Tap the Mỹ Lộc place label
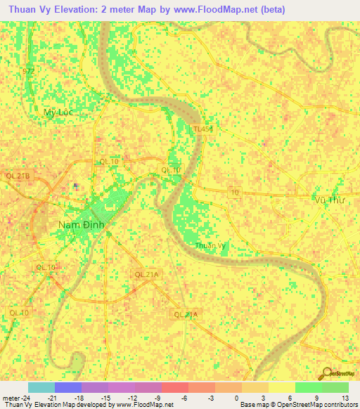[x=58, y=112]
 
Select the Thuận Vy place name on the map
[x=210, y=245]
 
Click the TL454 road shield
[x=202, y=129]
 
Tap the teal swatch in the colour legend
[x=41, y=387]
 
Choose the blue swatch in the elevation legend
[x=68, y=387]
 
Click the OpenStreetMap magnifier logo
[x=326, y=373]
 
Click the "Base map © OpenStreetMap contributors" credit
[x=297, y=405]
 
